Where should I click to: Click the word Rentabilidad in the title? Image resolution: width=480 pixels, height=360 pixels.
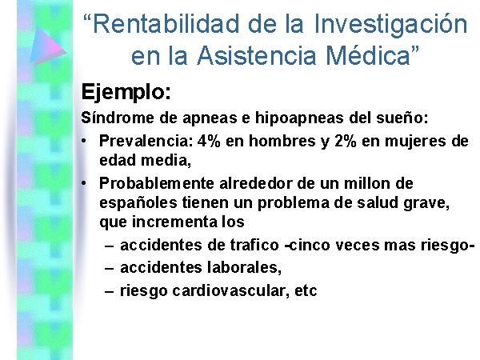166,24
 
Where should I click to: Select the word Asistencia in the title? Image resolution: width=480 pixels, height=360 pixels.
257,55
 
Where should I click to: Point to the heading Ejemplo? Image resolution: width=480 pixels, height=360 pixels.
126,92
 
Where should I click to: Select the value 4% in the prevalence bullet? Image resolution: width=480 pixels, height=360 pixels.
209,141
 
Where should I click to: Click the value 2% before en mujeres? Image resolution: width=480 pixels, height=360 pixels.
346,141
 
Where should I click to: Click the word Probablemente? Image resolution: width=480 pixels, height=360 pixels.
157,184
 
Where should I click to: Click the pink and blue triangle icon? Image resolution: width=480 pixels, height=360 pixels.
47,46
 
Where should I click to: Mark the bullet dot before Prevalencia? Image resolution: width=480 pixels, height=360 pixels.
84,141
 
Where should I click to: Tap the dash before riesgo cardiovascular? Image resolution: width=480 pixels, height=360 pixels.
110,291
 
